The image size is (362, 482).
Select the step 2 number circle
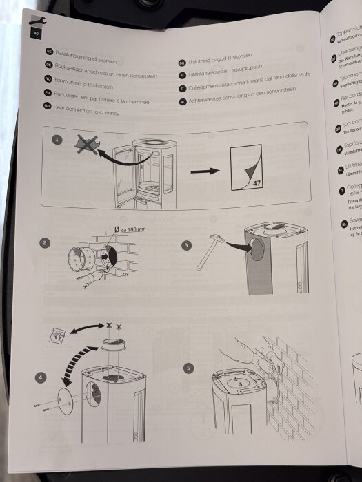tap(44, 242)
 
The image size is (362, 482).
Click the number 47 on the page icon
tap(255, 183)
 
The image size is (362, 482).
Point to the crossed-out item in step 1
tap(86, 144)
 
